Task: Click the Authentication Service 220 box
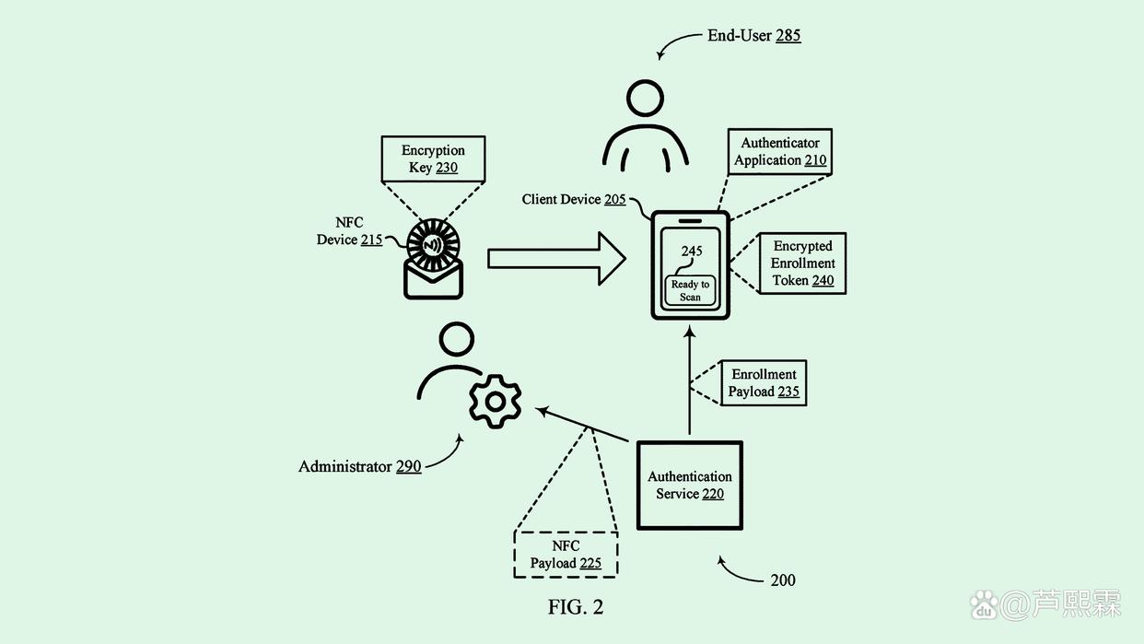(x=689, y=485)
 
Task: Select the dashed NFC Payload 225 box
(x=566, y=554)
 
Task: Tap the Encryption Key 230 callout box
(x=433, y=159)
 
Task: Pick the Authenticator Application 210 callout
(x=780, y=151)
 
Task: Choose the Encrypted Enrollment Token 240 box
(x=802, y=263)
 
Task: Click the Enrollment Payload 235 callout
(x=764, y=382)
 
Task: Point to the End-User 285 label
(x=753, y=36)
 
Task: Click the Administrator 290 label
(x=359, y=466)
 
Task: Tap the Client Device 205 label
(x=574, y=199)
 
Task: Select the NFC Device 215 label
(x=349, y=231)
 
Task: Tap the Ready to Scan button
(x=690, y=290)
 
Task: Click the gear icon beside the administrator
(x=495, y=401)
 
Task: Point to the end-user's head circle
(x=646, y=98)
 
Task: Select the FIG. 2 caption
(x=576, y=607)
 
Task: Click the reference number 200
(x=782, y=580)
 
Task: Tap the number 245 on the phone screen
(x=692, y=252)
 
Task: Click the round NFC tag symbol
(x=434, y=244)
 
